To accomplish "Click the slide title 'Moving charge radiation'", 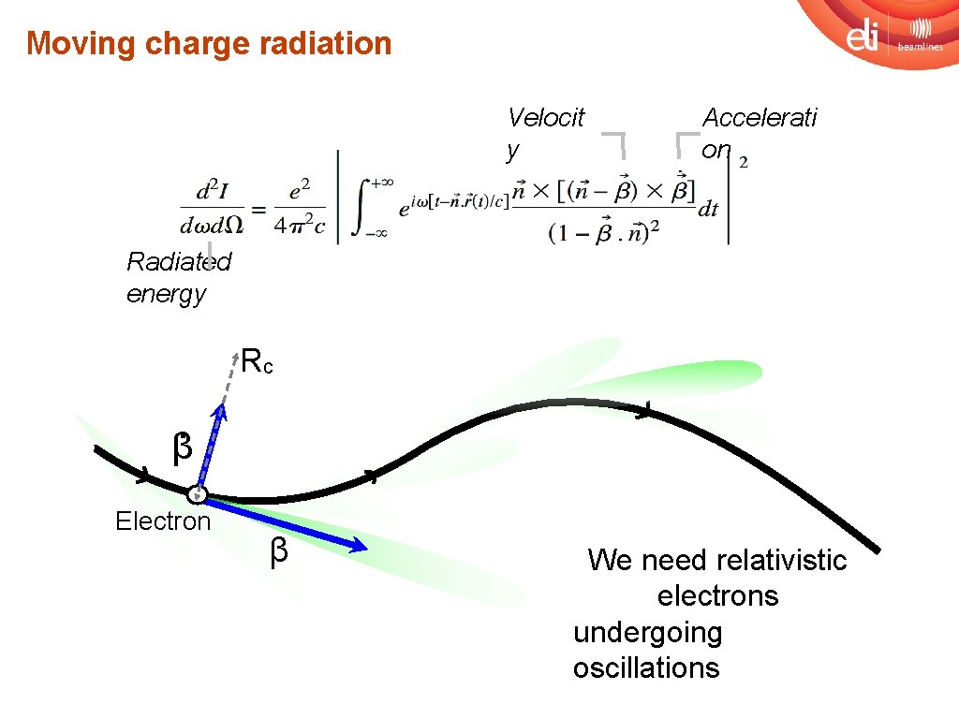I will pyautogui.click(x=209, y=43).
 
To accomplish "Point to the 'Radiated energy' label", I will pyautogui.click(x=178, y=277).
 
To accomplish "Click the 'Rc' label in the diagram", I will pyautogui.click(x=257, y=361).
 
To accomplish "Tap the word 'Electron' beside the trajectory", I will pyautogui.click(x=163, y=521).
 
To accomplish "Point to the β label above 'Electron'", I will pyautogui.click(x=183, y=448).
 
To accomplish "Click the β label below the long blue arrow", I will pyautogui.click(x=278, y=552).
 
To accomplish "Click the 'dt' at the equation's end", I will pyautogui.click(x=708, y=210).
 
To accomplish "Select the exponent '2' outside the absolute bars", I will pyautogui.click(x=744, y=163).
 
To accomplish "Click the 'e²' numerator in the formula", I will pyautogui.click(x=300, y=191).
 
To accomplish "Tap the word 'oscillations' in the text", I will pyautogui.click(x=646, y=668).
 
